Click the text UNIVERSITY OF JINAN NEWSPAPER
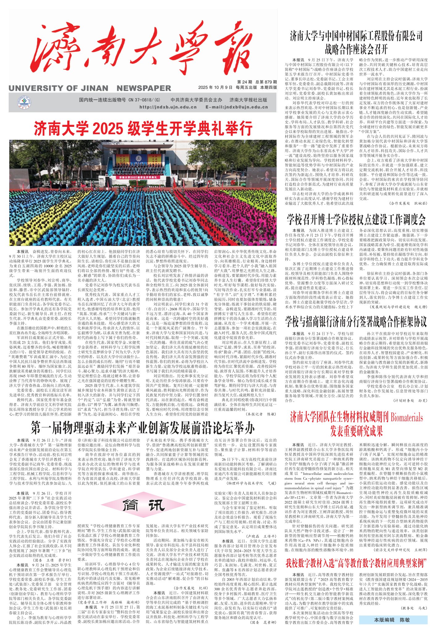pyautogui.click(x=90, y=88)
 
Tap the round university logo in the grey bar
pyautogui.click(x=24, y=103)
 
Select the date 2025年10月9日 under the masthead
pyautogui.click(x=215, y=87)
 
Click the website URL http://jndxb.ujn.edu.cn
pyautogui.click(x=168, y=107)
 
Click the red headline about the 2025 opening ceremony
pyautogui.click(x=143, y=129)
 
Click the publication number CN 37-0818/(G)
pyautogui.click(x=137, y=100)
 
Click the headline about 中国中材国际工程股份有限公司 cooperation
pyautogui.click(x=356, y=42)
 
